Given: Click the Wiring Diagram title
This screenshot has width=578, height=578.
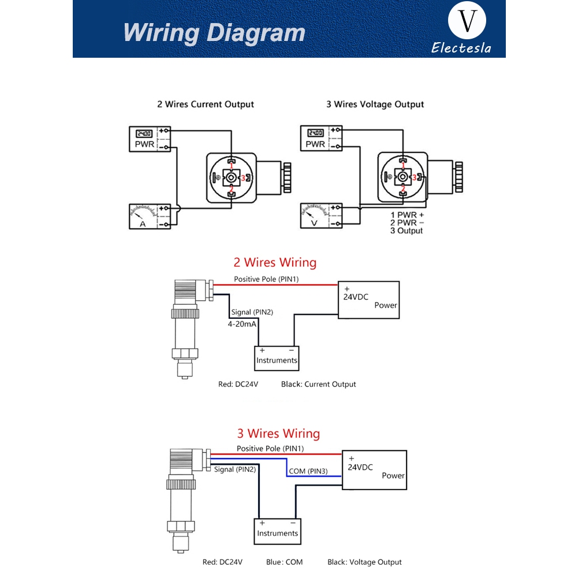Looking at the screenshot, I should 214,32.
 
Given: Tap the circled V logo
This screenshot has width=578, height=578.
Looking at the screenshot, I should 467,22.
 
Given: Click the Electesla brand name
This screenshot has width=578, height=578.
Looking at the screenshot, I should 461,48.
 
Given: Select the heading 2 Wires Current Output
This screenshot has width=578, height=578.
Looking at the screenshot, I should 206,105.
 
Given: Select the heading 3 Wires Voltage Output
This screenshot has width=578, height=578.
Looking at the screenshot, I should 375,105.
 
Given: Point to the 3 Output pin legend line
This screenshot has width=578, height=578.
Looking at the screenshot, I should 407,231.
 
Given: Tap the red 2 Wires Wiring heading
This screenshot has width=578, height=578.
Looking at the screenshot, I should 275,263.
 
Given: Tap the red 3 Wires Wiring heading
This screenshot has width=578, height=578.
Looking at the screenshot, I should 278,434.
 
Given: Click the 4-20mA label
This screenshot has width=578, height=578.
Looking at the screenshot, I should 242,324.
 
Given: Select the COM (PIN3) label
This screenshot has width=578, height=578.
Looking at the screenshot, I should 308,471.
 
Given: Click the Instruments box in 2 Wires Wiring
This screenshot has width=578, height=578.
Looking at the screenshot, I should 277,357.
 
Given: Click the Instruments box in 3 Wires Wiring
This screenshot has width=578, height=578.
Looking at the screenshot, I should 277,531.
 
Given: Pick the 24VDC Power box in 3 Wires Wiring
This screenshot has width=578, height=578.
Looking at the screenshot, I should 374,469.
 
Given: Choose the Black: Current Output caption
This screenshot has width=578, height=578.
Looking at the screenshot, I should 319,384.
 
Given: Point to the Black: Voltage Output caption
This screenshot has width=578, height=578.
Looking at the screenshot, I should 364,562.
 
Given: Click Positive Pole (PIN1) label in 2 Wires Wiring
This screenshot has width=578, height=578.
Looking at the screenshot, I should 266,279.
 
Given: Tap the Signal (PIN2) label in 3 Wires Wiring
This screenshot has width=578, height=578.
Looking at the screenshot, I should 235,469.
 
